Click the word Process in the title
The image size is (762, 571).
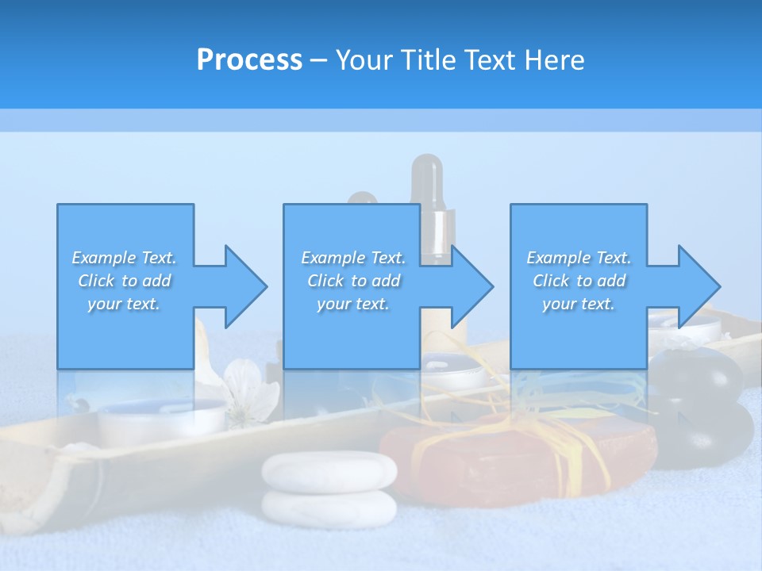(249, 60)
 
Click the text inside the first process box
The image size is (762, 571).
(124, 281)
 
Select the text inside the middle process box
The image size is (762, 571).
(353, 281)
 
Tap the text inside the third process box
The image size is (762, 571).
(579, 281)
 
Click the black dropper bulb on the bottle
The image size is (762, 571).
(427, 174)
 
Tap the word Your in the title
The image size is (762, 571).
(365, 60)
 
